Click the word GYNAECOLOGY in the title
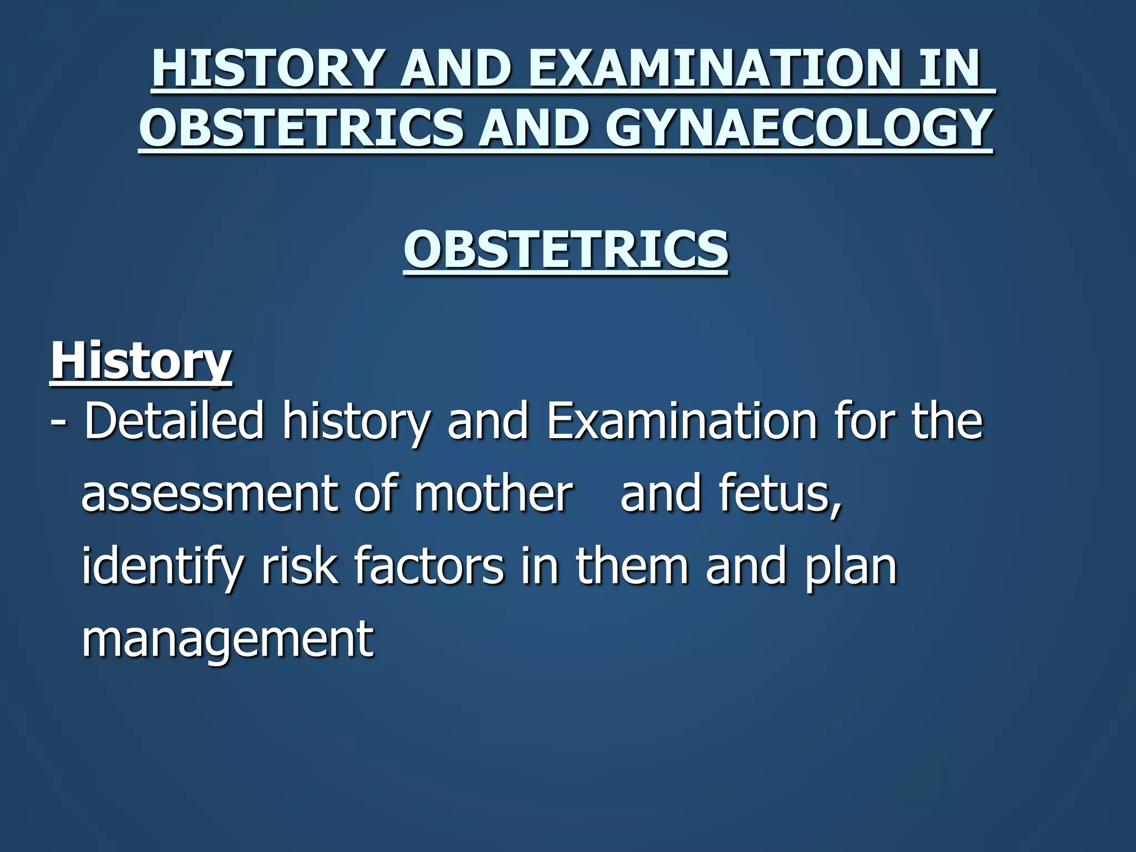point(798,128)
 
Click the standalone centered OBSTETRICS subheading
point(566,249)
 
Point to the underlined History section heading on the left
point(141,361)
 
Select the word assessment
point(209,494)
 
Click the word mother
point(493,494)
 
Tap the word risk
point(299,566)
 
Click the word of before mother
point(376,494)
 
